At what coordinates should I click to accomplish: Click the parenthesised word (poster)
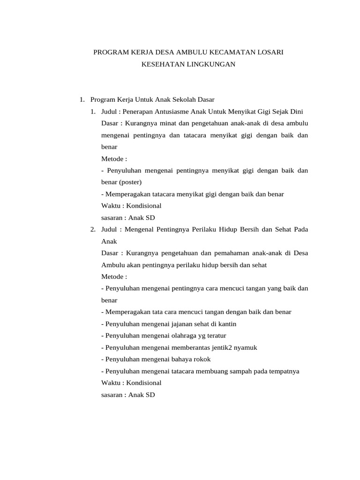pyautogui.click(x=130, y=182)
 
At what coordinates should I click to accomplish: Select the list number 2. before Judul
pyautogui.click(x=93, y=229)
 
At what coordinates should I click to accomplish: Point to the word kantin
pyautogui.click(x=227, y=324)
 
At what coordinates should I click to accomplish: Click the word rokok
pyautogui.click(x=201, y=359)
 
